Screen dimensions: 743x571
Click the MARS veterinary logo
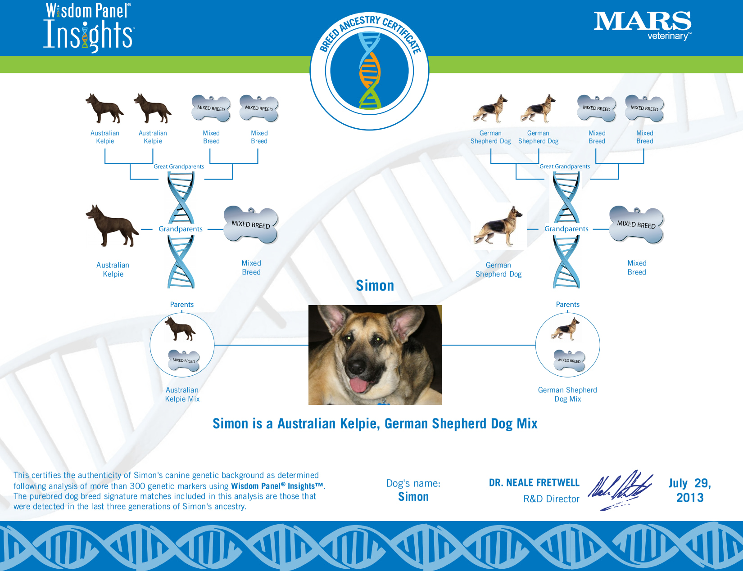coord(642,26)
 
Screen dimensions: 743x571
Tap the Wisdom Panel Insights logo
coord(89,28)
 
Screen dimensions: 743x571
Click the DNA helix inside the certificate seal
coord(370,71)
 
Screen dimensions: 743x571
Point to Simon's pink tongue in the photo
coord(358,385)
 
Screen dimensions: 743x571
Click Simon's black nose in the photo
coord(358,365)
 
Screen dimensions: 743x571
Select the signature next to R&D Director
coord(620,490)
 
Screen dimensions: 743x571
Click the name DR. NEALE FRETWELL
coord(534,482)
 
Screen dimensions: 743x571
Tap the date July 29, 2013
coord(690,490)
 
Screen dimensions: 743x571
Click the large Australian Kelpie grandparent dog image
coord(112,226)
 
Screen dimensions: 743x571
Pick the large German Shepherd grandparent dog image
coord(498,226)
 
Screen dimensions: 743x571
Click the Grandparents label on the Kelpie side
coord(181,229)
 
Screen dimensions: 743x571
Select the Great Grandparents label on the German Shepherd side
coord(565,166)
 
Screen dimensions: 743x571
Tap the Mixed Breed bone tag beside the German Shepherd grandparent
coord(636,225)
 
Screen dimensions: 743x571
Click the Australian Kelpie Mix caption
coord(182,395)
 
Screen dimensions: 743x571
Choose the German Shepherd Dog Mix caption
coord(567,395)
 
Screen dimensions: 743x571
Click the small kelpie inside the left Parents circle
coord(180,328)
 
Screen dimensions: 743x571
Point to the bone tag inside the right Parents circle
coord(569,360)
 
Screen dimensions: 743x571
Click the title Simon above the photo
coord(375,285)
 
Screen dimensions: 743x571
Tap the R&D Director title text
coord(551,499)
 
